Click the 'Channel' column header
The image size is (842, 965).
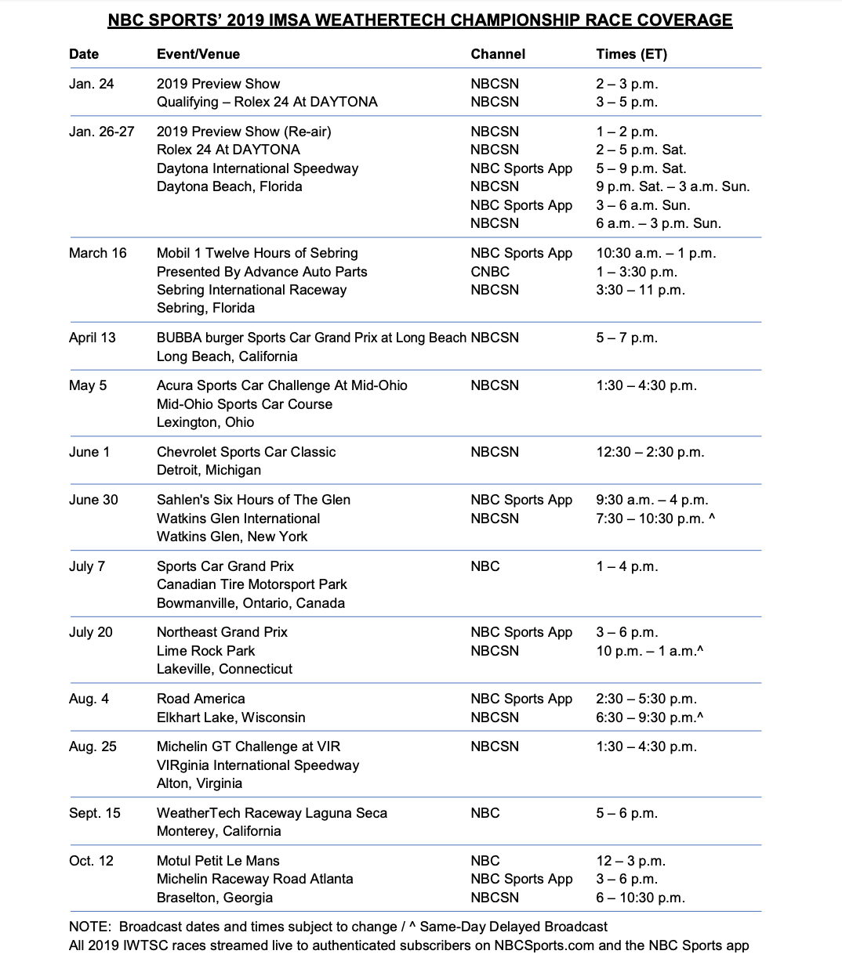click(x=498, y=54)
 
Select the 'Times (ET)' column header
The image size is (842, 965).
click(x=632, y=54)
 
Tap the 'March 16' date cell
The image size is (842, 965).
click(x=97, y=253)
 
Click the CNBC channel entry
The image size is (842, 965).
click(x=490, y=272)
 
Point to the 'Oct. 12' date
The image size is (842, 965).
click(x=91, y=861)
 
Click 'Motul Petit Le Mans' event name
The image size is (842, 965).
click(x=218, y=861)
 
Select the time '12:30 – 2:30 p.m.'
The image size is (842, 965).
click(x=650, y=452)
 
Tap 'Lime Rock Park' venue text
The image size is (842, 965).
click(x=205, y=651)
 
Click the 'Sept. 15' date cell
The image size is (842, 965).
click(x=95, y=813)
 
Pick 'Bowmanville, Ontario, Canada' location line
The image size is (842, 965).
click(x=251, y=603)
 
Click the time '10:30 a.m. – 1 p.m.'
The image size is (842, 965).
click(x=656, y=253)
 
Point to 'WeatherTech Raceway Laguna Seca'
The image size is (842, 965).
click(x=272, y=813)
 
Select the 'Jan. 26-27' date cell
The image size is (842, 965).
click(x=101, y=132)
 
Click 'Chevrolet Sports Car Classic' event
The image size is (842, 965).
click(x=246, y=452)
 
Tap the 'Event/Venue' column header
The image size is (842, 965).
click(x=198, y=54)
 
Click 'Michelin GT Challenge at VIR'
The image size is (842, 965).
click(x=249, y=746)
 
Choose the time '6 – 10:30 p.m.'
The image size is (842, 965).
click(x=641, y=898)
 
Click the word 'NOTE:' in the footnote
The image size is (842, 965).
click(x=91, y=927)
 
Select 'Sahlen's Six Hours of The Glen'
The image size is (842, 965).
click(x=253, y=500)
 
